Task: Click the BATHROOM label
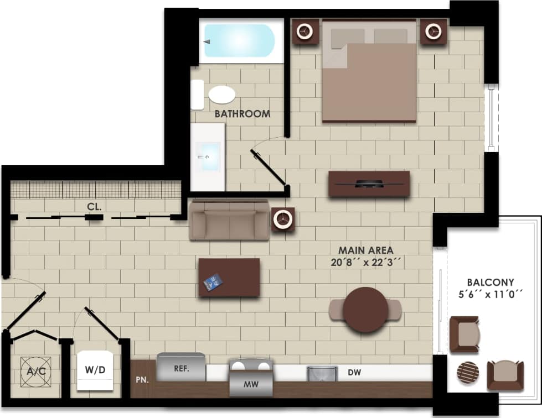click(242, 114)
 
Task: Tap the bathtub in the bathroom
click(239, 40)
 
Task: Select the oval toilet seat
click(222, 95)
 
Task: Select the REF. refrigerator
click(182, 367)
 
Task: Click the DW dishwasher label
click(354, 373)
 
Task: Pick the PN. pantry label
click(141, 380)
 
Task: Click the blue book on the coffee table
click(213, 283)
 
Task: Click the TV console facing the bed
click(369, 184)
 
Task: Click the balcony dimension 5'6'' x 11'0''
click(490, 294)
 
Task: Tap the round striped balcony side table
click(469, 373)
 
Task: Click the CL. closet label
click(94, 207)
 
